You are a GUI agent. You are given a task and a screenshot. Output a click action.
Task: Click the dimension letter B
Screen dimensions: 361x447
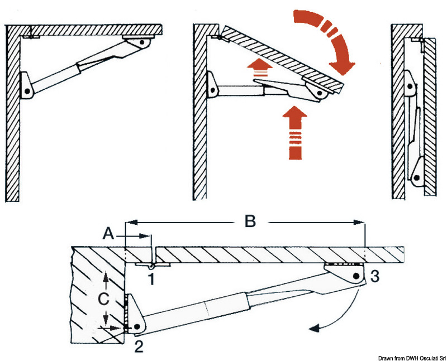[x=250, y=221]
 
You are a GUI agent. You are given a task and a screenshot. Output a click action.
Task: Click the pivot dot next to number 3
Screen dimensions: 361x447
[x=356, y=277]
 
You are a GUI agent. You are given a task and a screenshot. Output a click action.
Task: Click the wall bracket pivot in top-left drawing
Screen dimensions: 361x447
[x=27, y=88]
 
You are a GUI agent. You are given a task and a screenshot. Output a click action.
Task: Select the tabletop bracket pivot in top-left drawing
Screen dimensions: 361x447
[x=144, y=42]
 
